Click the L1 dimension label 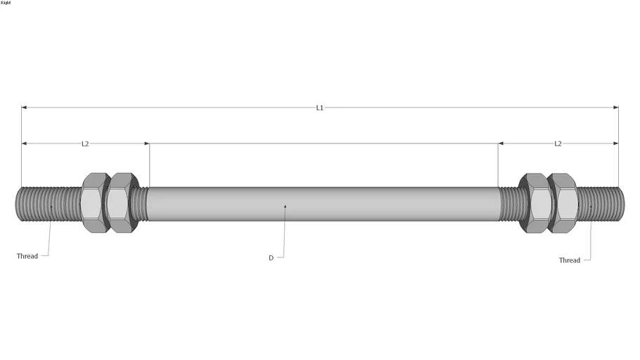(319, 108)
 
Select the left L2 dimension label (85, 143)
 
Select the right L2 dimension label (558, 143)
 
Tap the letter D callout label (271, 258)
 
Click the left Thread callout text (27, 256)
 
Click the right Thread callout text (570, 260)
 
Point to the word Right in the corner (6, 3)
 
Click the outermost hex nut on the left (94, 202)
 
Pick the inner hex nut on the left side (122, 202)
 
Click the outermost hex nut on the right (563, 202)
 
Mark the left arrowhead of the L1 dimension (25, 108)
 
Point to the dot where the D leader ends (285, 206)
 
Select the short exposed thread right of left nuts (141, 203)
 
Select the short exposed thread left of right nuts (508, 203)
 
